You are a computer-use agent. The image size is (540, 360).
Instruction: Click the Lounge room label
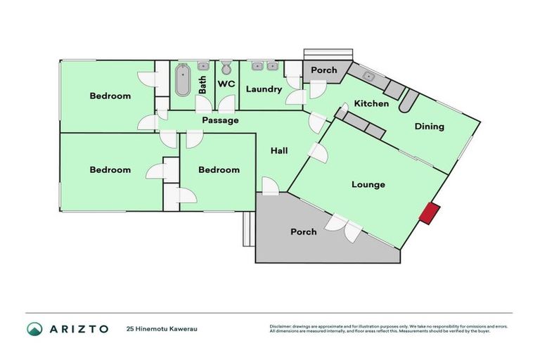[x=368, y=185]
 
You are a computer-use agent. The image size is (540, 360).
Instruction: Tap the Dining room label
[x=429, y=127]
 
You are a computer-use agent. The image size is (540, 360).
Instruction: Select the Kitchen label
[x=371, y=104]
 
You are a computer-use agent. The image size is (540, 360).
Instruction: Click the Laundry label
[x=264, y=89]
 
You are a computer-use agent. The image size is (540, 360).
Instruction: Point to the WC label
[x=226, y=84]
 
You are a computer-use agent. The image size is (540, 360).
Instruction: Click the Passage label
[x=220, y=120]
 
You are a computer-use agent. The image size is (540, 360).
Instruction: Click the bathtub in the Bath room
[x=183, y=81]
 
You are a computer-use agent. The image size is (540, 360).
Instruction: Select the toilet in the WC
[x=226, y=68]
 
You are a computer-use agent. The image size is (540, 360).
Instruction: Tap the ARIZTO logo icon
[x=34, y=328]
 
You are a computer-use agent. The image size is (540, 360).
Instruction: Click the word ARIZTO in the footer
[x=78, y=328]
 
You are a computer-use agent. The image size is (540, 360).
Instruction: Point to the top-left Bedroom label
[x=110, y=96]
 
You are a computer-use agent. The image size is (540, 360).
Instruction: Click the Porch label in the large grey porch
[x=303, y=232]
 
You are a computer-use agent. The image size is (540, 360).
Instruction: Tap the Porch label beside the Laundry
[x=324, y=70]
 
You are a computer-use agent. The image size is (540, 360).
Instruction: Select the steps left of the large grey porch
[x=247, y=229]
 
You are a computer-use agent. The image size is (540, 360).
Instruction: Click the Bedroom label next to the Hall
[x=219, y=170]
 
